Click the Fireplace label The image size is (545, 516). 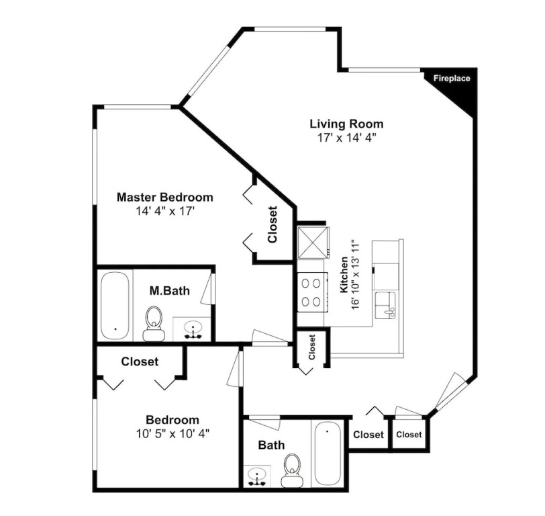[x=452, y=79]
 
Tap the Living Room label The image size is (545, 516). [x=346, y=124]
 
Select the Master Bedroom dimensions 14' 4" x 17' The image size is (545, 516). [x=164, y=211]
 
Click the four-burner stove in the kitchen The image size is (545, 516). [x=312, y=292]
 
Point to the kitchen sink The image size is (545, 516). [x=385, y=305]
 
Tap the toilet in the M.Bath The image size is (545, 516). [x=154, y=324]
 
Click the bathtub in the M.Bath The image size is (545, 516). [x=115, y=305]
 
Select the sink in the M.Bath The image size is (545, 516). [x=192, y=329]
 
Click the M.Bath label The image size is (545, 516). [x=170, y=290]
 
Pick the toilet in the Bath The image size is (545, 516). [x=291, y=470]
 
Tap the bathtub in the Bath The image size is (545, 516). [x=328, y=453]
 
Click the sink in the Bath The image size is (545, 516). [x=257, y=476]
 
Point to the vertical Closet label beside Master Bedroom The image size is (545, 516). [x=272, y=224]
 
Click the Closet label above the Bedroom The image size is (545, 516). [x=140, y=361]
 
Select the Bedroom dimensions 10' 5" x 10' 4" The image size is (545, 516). [x=172, y=433]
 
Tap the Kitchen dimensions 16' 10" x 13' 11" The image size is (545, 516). [x=355, y=275]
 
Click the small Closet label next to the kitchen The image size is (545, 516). [x=311, y=347]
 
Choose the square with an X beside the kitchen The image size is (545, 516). [x=313, y=243]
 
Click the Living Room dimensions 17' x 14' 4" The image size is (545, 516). [x=347, y=138]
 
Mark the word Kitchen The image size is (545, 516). [x=344, y=275]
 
